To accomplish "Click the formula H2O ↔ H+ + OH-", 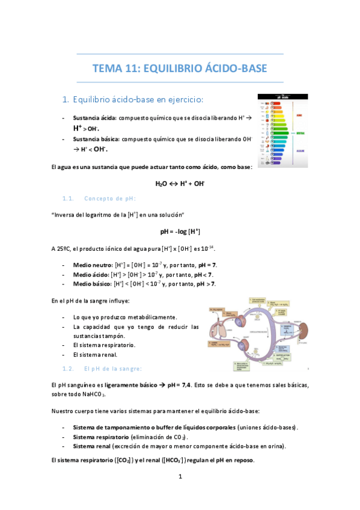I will click(180, 184).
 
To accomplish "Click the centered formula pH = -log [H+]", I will click(180, 231).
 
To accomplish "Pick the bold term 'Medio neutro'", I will click(92, 265).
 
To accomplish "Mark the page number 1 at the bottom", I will click(180, 477).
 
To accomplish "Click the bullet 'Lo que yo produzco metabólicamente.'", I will click(125, 317).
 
